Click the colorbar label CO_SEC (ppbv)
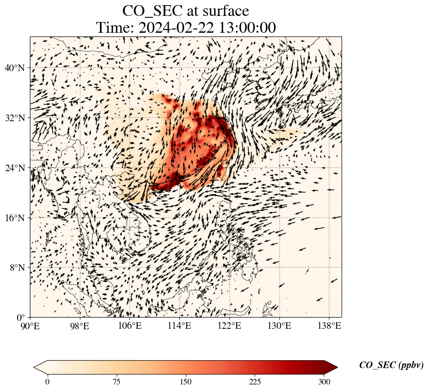391,365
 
